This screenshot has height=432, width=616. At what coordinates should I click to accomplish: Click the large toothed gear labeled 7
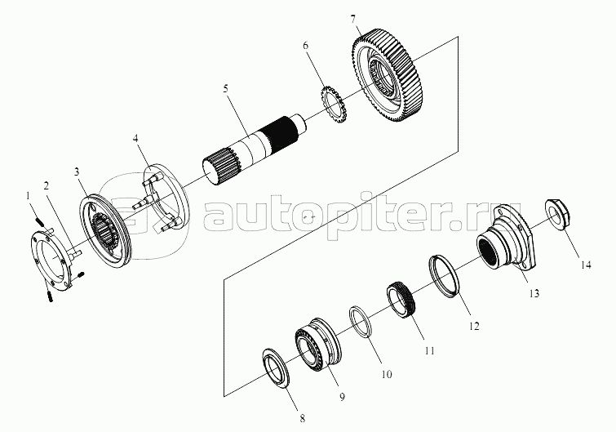pos(389,73)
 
